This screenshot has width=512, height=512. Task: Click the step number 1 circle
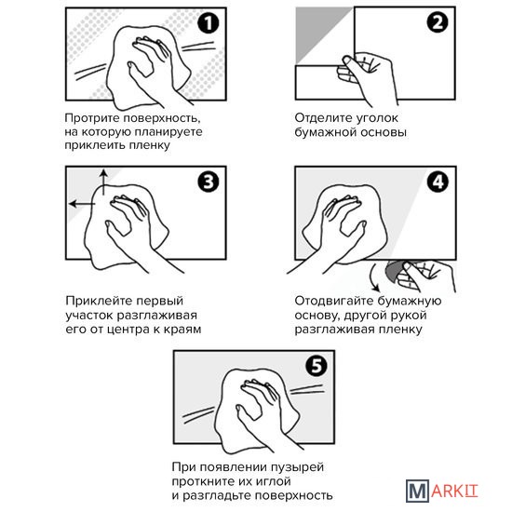pos(209,23)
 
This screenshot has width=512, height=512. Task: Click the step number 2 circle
pos(438,22)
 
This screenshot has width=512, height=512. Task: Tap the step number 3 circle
pos(209,182)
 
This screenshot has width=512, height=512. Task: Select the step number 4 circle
pos(438,182)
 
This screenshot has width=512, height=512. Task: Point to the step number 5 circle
pos(317,366)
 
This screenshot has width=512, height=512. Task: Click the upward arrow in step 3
pos(103,182)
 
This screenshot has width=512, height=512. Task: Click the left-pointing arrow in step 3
pos(82,204)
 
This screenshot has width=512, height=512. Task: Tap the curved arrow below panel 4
pos(374,278)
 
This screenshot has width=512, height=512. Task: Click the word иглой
pos(273,481)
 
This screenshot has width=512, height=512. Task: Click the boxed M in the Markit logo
pos(417,491)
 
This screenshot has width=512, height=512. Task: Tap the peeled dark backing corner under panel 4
pos(394,271)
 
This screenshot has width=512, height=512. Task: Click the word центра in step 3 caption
pos(128,330)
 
